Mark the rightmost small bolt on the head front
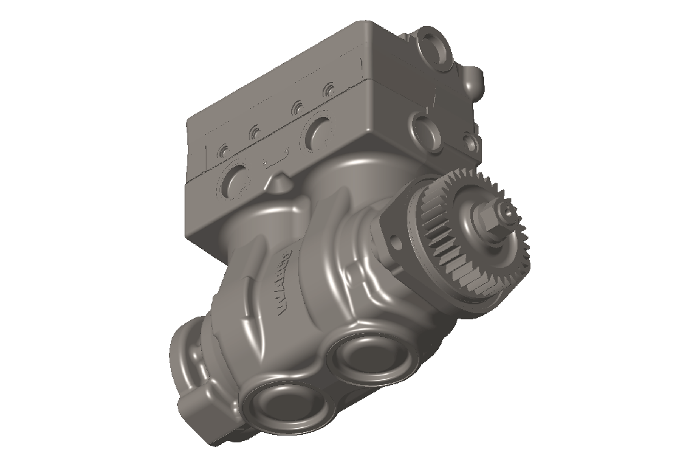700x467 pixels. [330, 90]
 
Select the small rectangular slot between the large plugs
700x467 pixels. [272, 162]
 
